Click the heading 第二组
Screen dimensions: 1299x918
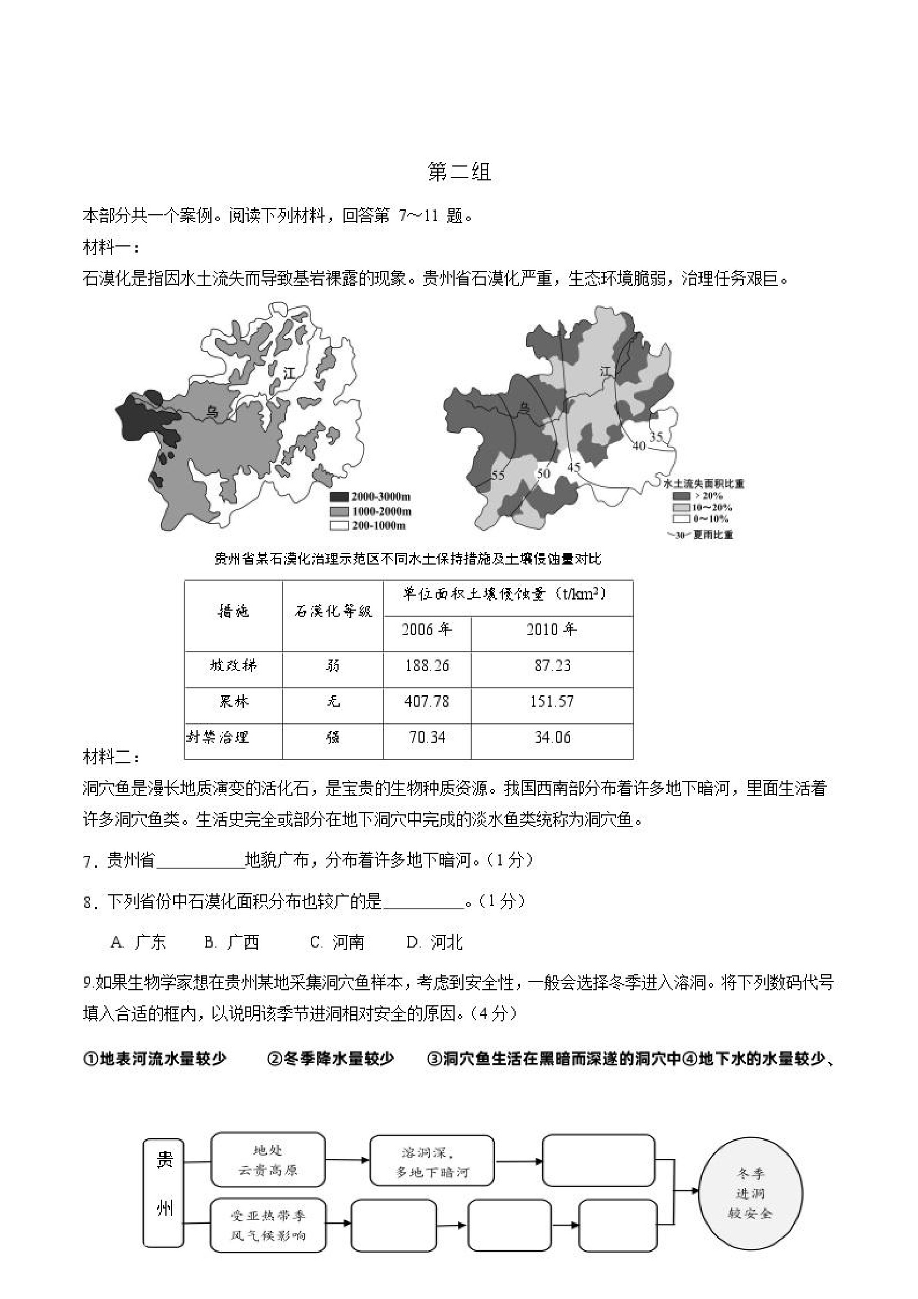[458, 172]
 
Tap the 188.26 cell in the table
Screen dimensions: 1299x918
[426, 666]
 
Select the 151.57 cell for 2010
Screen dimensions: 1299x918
[552, 701]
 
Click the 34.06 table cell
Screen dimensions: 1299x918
[552, 737]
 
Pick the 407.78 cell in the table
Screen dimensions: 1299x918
[426, 701]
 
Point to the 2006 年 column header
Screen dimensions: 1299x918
[426, 630]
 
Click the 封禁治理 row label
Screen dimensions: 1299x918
[218, 737]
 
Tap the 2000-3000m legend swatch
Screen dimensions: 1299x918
[339, 497]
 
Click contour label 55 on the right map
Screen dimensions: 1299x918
[497, 475]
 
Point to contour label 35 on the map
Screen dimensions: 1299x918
[655, 437]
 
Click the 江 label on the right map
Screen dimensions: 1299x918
[606, 372]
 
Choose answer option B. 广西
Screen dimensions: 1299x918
[232, 942]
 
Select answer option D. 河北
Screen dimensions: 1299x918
[435, 942]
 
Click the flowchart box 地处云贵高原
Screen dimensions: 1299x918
[268, 1160]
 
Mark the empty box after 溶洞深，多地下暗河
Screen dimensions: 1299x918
[598, 1160]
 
